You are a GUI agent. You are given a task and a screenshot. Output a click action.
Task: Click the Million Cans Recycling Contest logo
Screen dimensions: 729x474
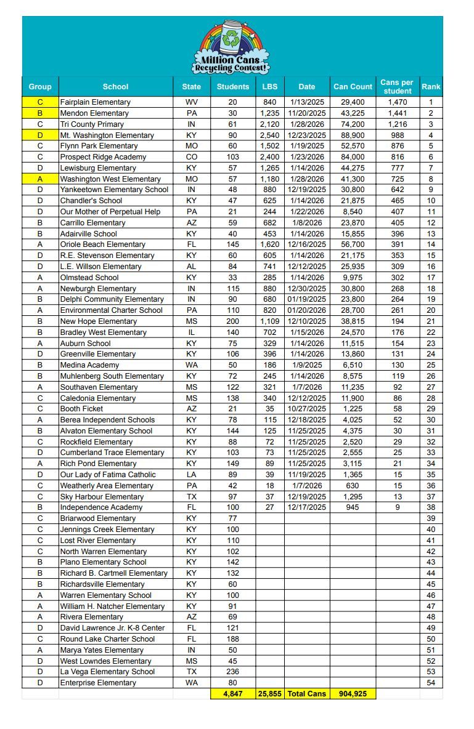231,47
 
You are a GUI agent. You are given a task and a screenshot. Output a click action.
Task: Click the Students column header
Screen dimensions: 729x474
233,87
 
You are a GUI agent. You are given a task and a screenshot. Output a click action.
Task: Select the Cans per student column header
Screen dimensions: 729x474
397,87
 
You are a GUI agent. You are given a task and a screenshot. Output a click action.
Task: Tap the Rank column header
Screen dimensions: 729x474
431,87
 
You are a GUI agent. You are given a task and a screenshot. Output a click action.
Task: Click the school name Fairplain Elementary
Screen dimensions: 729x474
96,102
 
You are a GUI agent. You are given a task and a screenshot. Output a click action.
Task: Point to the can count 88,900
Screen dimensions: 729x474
353,135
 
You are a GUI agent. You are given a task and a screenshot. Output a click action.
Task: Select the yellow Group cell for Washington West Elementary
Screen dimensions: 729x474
40,179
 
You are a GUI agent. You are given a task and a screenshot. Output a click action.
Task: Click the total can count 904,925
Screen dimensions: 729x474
353,694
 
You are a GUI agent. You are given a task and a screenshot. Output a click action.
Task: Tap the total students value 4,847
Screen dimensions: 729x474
233,694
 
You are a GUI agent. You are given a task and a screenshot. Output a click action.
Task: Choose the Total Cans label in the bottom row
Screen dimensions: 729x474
306,694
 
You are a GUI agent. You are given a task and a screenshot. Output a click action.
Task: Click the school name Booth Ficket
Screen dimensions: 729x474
81,409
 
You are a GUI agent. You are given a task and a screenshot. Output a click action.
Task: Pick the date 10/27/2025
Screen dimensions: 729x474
306,409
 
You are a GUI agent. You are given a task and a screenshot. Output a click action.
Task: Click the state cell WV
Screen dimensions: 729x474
192,102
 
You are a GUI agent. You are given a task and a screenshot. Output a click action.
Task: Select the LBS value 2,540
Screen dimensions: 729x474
270,135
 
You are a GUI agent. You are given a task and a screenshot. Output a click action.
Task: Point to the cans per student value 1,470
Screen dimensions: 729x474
398,102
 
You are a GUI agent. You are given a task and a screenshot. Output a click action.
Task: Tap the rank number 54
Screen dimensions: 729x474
431,683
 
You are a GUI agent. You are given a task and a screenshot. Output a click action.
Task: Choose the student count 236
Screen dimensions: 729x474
233,672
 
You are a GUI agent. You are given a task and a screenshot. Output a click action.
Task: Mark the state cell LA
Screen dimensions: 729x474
192,475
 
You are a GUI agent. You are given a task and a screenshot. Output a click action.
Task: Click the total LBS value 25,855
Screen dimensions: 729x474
270,694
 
